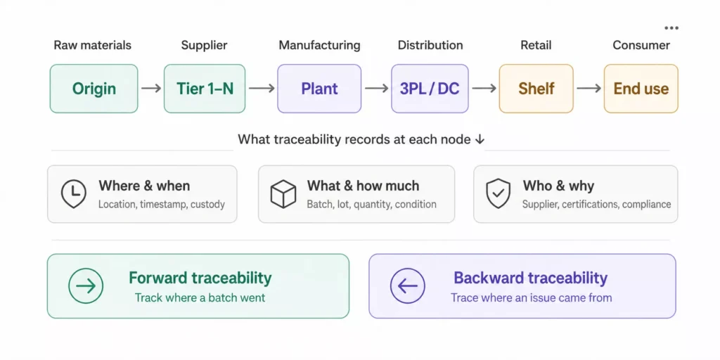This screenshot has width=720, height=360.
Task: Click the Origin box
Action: [x=94, y=89]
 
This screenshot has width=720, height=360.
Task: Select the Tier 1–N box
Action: [x=205, y=89]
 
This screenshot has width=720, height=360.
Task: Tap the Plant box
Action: [x=319, y=89]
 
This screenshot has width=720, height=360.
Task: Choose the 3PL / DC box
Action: [x=430, y=89]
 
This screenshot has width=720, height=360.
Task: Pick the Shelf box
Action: [x=536, y=89]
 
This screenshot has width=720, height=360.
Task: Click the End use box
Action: [x=641, y=89]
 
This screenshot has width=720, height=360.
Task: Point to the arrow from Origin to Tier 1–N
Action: [x=151, y=88]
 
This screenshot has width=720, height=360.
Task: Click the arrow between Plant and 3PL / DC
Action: [x=376, y=88]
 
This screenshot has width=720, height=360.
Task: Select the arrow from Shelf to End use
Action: [x=589, y=88]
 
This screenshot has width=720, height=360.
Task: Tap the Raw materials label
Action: [x=92, y=46]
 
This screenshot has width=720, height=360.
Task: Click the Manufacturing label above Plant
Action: [x=319, y=46]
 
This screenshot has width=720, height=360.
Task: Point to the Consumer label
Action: [x=641, y=46]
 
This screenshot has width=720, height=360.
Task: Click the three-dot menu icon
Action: [x=671, y=28]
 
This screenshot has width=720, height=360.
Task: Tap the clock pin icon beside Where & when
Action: [x=73, y=194]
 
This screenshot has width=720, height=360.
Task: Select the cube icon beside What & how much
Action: [x=283, y=194]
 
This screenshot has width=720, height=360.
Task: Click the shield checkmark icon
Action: [x=499, y=194]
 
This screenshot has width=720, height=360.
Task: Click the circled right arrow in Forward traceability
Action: [x=86, y=286]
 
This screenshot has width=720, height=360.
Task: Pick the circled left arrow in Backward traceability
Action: [x=408, y=286]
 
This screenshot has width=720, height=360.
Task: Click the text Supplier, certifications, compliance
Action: [x=596, y=205]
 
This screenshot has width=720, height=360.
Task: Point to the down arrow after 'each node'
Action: [x=479, y=140]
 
